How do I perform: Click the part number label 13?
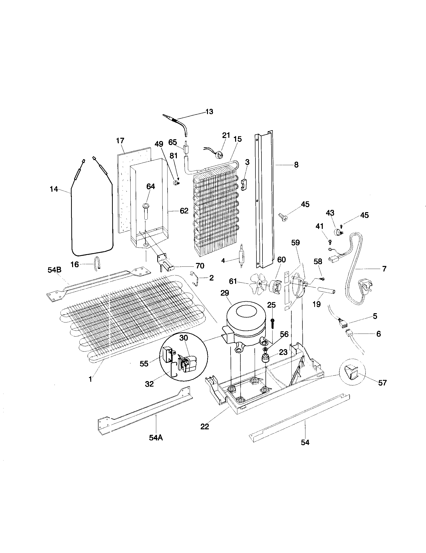[x=209, y=111]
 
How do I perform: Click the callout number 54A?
[x=156, y=438]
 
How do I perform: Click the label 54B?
[x=55, y=270]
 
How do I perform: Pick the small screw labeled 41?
[x=330, y=242]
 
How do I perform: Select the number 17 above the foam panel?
[x=120, y=141]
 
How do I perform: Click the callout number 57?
[x=382, y=383]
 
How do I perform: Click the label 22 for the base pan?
[x=205, y=427]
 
